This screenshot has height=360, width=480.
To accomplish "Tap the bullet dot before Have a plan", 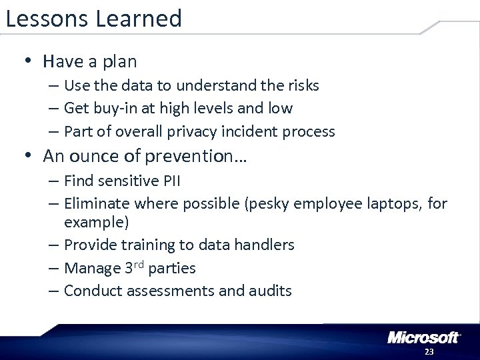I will point(28,62).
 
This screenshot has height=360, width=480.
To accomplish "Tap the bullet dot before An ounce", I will point(28,156).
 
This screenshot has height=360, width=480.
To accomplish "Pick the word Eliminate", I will point(97,202).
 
